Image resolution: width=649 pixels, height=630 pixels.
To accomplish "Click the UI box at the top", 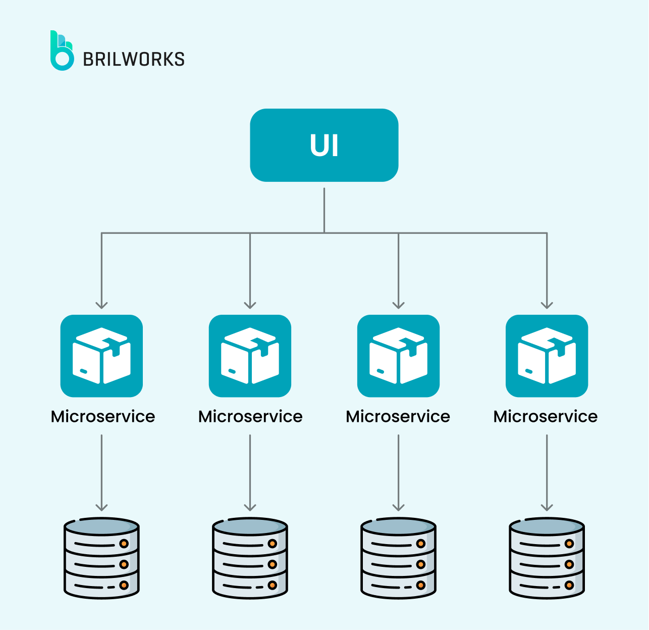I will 324,145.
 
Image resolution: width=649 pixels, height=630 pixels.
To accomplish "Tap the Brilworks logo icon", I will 62,51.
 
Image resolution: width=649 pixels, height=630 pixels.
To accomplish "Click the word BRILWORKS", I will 134,59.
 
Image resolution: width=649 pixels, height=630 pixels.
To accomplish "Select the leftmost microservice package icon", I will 101,356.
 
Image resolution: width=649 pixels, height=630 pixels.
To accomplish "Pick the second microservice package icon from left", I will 250,356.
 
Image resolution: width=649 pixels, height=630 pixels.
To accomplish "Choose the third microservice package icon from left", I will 398,356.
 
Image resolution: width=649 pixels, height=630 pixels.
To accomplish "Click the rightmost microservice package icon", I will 547,356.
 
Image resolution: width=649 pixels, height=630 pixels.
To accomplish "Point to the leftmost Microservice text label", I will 103,416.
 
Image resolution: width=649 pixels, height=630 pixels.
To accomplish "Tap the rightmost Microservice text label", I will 546,416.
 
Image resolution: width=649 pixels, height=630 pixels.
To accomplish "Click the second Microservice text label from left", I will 250,416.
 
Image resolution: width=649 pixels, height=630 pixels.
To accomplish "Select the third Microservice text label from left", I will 398,416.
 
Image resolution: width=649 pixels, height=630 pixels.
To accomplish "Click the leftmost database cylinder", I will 101,558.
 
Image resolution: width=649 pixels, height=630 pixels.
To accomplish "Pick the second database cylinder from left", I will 250,558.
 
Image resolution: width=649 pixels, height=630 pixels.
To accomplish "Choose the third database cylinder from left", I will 398,558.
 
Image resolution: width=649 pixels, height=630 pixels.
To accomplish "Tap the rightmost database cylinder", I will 547,558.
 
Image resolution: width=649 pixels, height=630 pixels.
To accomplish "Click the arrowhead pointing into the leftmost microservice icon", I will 101,305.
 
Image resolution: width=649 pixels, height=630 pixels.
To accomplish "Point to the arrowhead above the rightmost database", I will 547,507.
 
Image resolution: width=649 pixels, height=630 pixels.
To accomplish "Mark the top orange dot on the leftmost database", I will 124,544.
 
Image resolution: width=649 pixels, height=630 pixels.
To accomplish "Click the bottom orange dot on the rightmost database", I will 569,586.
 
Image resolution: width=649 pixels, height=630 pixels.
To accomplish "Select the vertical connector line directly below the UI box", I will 324,210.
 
